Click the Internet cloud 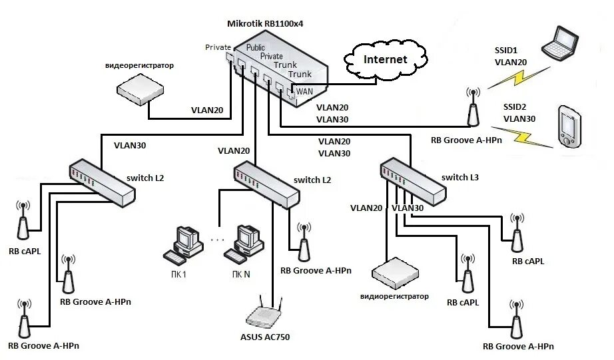coord(384,59)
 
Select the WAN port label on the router coord(304,90)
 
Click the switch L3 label coord(460,178)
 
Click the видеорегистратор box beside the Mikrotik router coord(139,89)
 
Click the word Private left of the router coord(218,47)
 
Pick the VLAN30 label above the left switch coord(130,144)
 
